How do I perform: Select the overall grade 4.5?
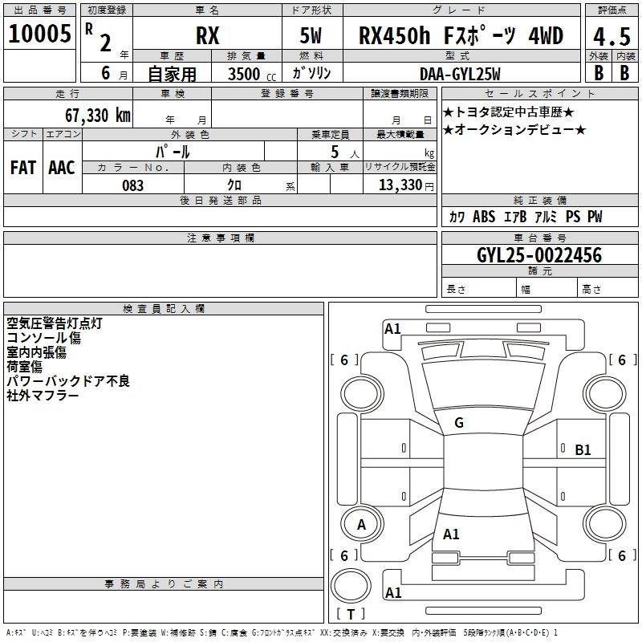611,36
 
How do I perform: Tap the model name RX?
208,36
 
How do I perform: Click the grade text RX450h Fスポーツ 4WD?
461,36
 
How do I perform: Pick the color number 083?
132,185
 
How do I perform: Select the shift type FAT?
22,167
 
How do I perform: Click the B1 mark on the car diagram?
583,450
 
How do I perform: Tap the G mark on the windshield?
458,423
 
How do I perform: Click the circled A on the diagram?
361,524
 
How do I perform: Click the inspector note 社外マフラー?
43,396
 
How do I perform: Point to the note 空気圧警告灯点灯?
54,323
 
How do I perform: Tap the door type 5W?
311,36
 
